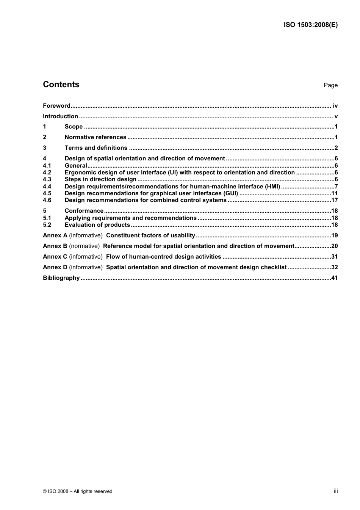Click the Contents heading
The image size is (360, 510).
61,85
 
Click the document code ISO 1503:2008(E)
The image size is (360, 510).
310,25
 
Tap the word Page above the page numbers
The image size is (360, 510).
330,85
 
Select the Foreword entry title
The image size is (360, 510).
56,106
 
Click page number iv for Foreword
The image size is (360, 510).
335,106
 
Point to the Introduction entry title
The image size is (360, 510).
60,116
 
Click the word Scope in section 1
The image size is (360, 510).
74,127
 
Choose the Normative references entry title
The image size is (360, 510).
95,137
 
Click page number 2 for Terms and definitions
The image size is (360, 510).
336,148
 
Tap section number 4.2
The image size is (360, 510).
47,173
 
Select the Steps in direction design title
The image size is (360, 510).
100,179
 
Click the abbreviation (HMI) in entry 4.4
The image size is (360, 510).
272,187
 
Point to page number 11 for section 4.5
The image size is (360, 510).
334,193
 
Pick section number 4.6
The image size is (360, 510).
47,200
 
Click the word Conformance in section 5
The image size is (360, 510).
84,211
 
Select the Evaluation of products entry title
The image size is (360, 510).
97,225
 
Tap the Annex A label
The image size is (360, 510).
55,235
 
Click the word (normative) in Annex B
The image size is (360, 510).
85,246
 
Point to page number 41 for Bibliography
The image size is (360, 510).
334,278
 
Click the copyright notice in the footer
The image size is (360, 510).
78,491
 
